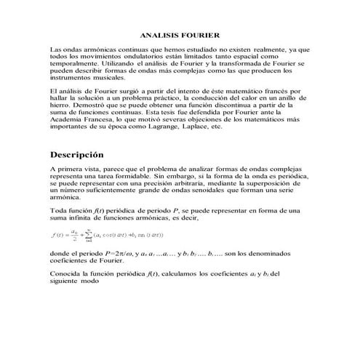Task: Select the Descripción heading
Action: tap(77, 156)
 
